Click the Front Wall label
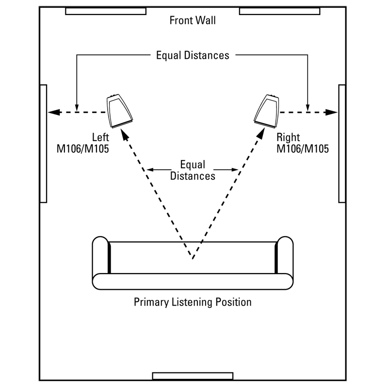coord(193,20)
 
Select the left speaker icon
coord(119,109)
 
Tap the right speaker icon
coord(268,109)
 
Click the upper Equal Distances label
coord(193,55)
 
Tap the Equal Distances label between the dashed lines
coord(193,170)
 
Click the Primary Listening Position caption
coord(193,302)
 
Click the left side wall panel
coord(43,144)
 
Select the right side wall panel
coord(341,144)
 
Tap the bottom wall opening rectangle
coord(193,376)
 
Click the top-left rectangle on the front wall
coord(106,11)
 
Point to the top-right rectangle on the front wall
coord(279,11)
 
